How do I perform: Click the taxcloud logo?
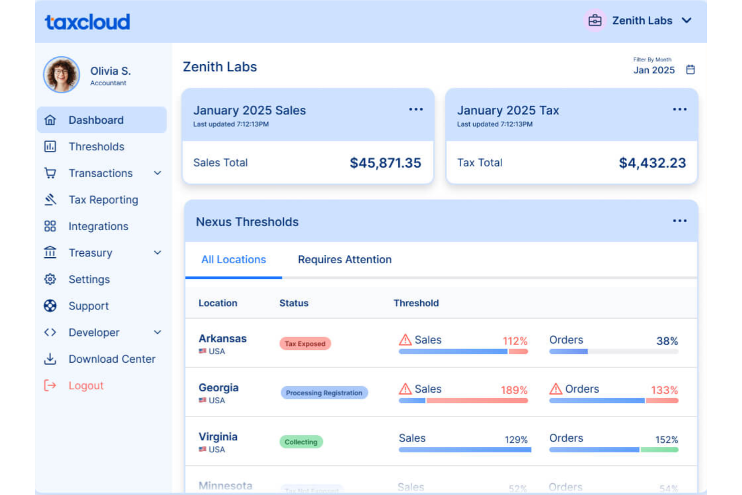pyautogui.click(x=88, y=22)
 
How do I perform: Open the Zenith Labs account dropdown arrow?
pyautogui.click(x=686, y=21)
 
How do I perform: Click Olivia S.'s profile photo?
pyautogui.click(x=62, y=75)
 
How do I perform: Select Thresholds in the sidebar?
pyautogui.click(x=96, y=146)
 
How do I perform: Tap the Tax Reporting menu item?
pyautogui.click(x=103, y=200)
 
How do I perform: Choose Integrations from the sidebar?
pyautogui.click(x=98, y=226)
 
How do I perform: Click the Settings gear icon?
pyautogui.click(x=50, y=279)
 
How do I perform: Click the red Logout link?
pyautogui.click(x=86, y=386)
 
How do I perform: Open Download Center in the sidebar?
pyautogui.click(x=112, y=359)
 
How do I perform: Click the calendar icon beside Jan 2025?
pyautogui.click(x=690, y=70)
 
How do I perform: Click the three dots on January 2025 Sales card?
pyautogui.click(x=416, y=109)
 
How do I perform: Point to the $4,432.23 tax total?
pyautogui.click(x=652, y=163)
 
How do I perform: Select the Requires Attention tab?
pyautogui.click(x=344, y=260)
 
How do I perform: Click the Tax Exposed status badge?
pyautogui.click(x=305, y=344)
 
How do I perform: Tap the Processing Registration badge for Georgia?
pyautogui.click(x=324, y=393)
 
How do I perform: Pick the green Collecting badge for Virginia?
pyautogui.click(x=301, y=442)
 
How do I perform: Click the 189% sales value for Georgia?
pyautogui.click(x=514, y=390)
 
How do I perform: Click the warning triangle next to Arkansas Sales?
pyautogui.click(x=405, y=340)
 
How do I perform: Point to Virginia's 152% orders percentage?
pyautogui.click(x=666, y=440)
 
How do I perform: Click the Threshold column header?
pyautogui.click(x=416, y=303)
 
